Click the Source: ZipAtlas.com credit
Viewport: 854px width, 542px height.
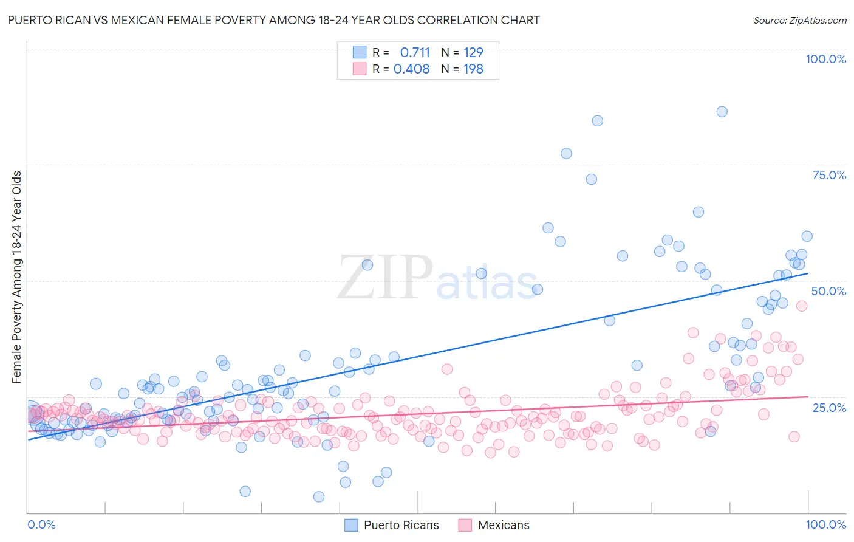click(x=799, y=21)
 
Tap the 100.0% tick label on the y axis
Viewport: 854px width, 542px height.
click(x=825, y=59)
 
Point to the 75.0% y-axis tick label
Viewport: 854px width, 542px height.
click(x=829, y=175)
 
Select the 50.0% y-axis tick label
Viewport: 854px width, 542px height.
click(x=828, y=291)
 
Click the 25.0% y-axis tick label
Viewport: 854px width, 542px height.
click(x=829, y=407)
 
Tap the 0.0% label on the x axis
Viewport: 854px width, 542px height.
click(x=41, y=524)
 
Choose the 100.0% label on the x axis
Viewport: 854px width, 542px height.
click(x=825, y=524)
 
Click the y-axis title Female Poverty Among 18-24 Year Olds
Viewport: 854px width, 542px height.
click(x=17, y=277)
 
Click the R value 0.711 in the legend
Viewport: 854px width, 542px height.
click(x=415, y=52)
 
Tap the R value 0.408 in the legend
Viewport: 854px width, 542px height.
click(x=412, y=69)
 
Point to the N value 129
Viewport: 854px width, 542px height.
click(x=473, y=52)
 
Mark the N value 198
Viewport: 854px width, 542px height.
click(x=473, y=69)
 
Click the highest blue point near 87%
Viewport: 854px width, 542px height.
click(x=722, y=111)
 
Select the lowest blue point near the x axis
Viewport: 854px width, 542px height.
click(x=319, y=496)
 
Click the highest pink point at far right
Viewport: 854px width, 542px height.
click(x=801, y=306)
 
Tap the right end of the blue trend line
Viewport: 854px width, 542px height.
click(x=808, y=273)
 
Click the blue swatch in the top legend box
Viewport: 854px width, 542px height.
click(x=360, y=52)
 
